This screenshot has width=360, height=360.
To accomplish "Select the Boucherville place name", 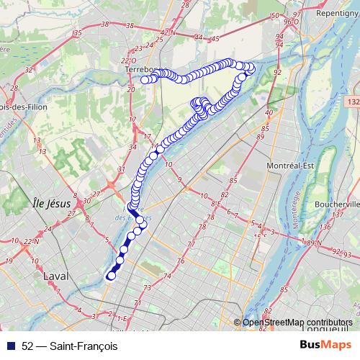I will [336, 204].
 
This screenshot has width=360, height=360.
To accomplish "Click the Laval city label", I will [55, 276].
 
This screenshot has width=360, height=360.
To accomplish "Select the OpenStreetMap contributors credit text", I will [297, 323].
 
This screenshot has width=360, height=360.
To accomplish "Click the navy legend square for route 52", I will [12, 346].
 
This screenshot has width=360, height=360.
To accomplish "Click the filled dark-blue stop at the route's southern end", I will [111, 275].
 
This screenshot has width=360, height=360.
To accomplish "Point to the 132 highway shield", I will [353, 103].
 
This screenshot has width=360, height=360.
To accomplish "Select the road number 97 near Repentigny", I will [297, 14].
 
